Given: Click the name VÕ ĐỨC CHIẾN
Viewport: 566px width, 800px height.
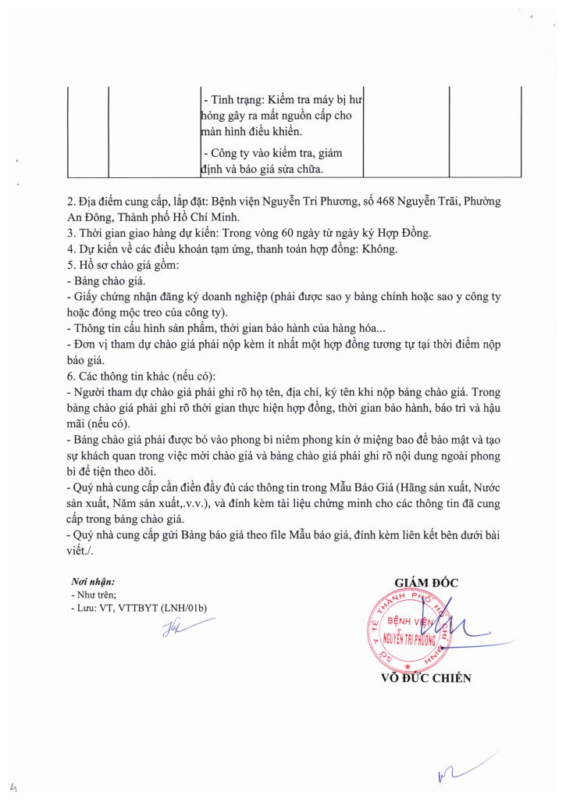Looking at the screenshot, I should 425,678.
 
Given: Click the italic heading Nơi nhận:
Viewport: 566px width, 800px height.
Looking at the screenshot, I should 93,582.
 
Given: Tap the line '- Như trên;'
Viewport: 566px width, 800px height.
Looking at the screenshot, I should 94,595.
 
